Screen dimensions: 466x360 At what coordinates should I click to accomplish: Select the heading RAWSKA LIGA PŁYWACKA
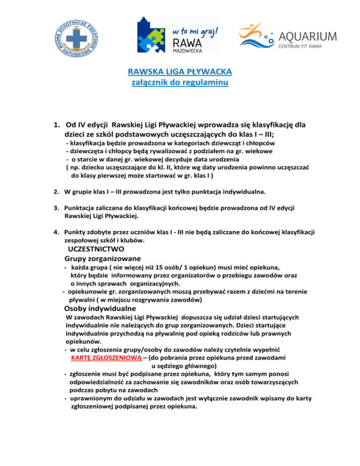click(x=180, y=72)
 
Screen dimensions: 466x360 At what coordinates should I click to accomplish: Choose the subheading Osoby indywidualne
click(x=99, y=309)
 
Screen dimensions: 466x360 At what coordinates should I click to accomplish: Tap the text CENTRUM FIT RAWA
click(x=307, y=46)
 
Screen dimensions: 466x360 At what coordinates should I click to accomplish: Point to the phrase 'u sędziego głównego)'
click(x=184, y=365)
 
